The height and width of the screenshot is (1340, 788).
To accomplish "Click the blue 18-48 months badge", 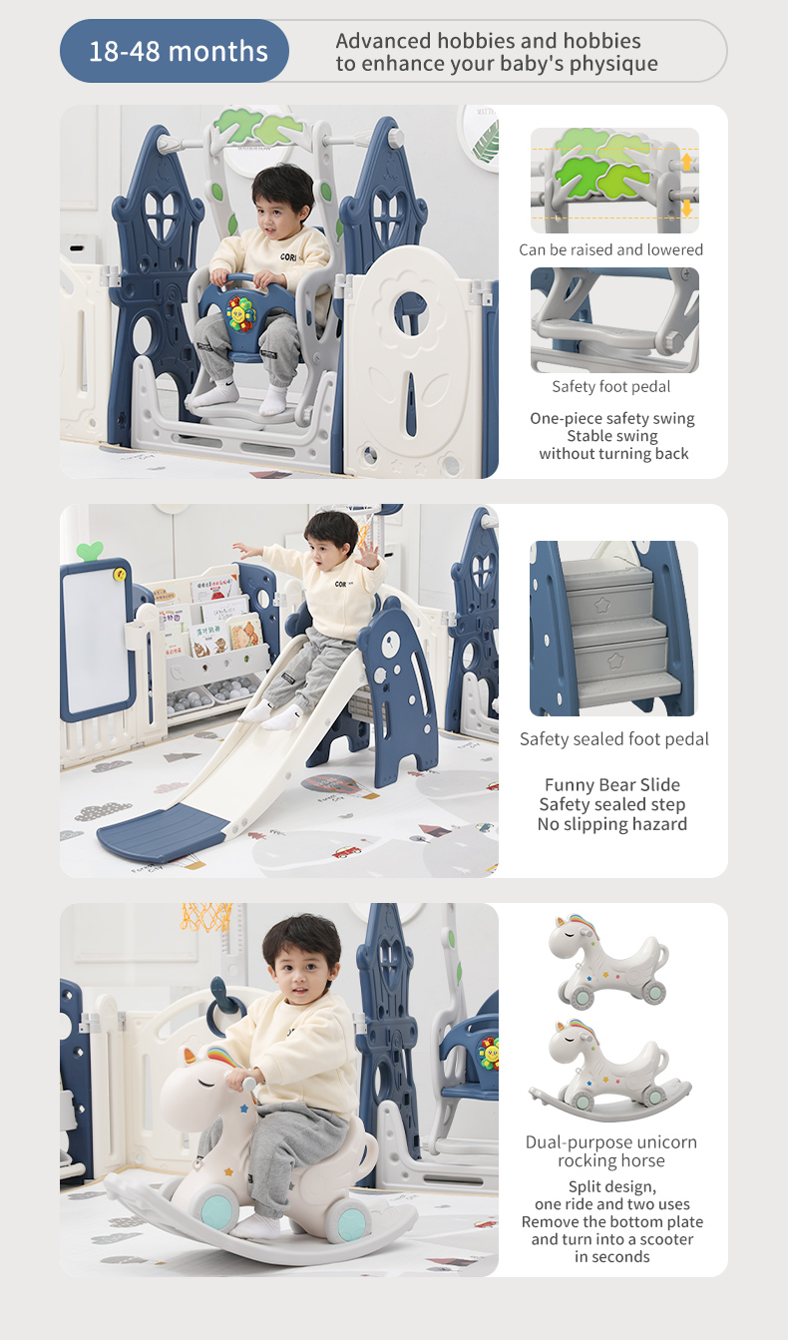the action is tap(175, 51).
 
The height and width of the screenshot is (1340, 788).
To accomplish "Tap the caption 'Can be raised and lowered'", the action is tap(611, 249).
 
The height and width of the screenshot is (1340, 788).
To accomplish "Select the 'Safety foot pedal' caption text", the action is tap(611, 386).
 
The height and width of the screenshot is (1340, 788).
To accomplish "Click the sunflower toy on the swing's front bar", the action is tap(240, 313).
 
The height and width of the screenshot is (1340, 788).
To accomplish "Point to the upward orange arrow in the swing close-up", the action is tap(686, 162).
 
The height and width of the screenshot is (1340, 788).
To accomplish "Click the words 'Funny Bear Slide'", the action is tap(612, 784).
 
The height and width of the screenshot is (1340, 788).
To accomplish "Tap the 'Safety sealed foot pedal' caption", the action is tap(614, 739).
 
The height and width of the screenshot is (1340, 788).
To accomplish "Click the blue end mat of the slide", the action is tap(161, 830).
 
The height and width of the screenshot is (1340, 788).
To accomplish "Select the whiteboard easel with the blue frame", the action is tap(97, 640).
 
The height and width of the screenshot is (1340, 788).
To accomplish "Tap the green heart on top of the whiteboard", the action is tap(90, 551).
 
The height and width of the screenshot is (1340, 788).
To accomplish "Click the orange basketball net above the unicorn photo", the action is tap(206, 917).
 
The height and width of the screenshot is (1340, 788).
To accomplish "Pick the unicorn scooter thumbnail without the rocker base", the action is tap(608, 959).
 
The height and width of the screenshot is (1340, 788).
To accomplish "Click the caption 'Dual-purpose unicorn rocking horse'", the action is tap(611, 1151).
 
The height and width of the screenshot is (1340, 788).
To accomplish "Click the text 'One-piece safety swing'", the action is tap(612, 418).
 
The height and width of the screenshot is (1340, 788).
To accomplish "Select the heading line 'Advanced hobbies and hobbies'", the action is tap(488, 41).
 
